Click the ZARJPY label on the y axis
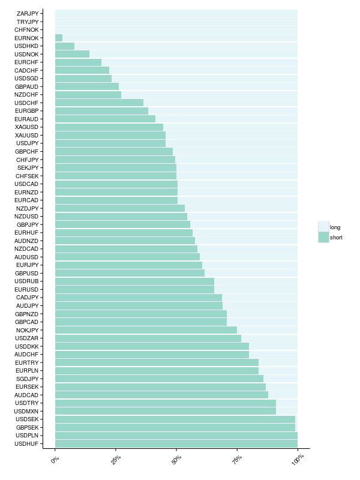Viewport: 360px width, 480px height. pyautogui.click(x=28, y=13)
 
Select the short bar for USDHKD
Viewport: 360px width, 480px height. pyautogui.click(x=65, y=46)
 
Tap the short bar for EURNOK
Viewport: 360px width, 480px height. pyautogui.click(x=59, y=38)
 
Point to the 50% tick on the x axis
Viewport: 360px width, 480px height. pyautogui.click(x=176, y=448)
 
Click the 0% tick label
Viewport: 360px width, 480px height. pyautogui.click(x=55, y=459)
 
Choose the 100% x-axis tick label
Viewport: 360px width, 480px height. pyautogui.click(x=298, y=459)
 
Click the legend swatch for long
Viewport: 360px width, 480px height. pyautogui.click(x=323, y=227)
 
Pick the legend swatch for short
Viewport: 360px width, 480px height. pyautogui.click(x=323, y=238)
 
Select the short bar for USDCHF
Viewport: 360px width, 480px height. pyautogui.click(x=99, y=103)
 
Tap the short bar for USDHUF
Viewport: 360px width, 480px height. pyautogui.click(x=176, y=443)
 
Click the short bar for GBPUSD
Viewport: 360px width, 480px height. pyautogui.click(x=130, y=273)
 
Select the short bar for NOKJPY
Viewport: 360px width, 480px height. pyautogui.click(x=146, y=329)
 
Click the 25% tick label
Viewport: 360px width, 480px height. pyautogui.click(x=116, y=460)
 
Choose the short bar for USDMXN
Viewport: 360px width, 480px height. pyautogui.click(x=166, y=411)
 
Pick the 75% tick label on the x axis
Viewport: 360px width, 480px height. pyautogui.click(x=237, y=460)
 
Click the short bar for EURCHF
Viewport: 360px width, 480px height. pyautogui.click(x=78, y=62)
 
